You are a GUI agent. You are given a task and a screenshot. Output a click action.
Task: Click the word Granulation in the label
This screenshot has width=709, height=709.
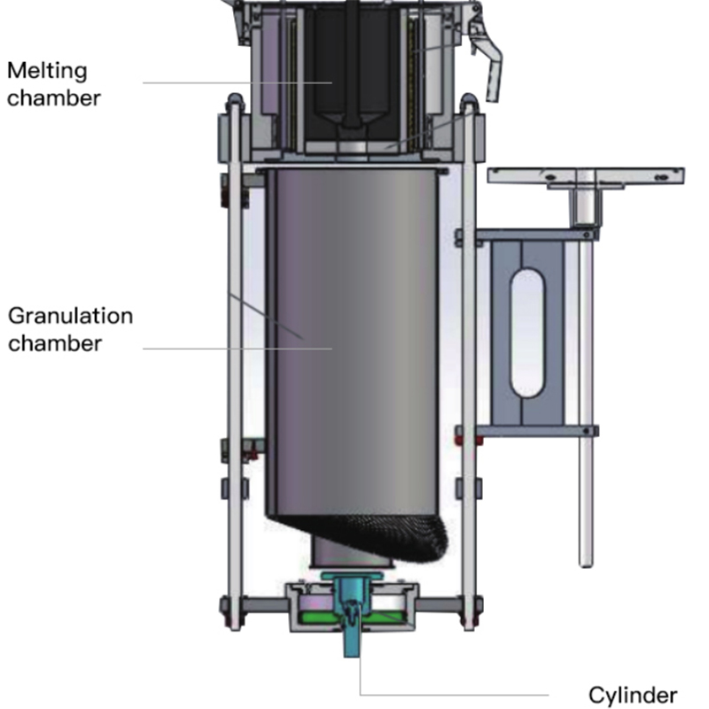point(70,316)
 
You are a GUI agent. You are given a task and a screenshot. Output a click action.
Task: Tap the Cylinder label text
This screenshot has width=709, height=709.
point(633,694)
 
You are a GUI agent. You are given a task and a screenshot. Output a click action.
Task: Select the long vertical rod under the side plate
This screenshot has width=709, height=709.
point(585,399)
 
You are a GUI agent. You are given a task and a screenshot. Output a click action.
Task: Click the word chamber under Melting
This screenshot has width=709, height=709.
point(53,97)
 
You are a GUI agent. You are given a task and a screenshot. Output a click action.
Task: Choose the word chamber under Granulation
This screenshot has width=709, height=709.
point(53,343)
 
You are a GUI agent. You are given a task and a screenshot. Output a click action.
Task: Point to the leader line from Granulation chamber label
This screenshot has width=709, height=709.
point(230,348)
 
